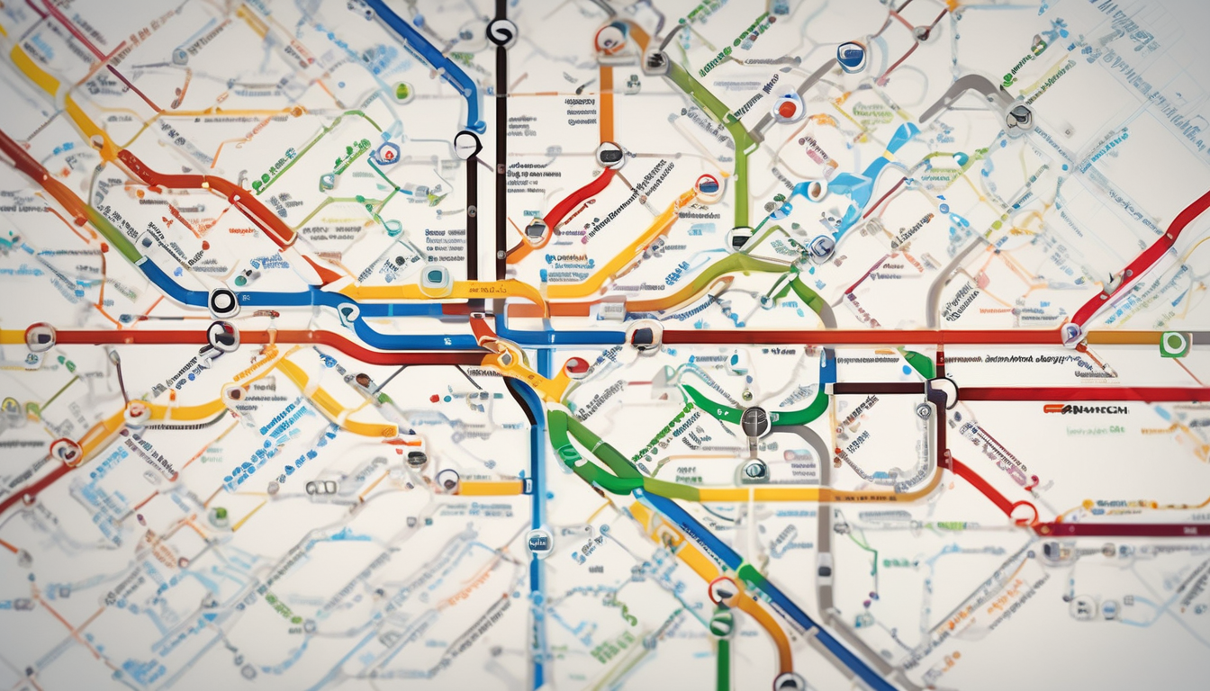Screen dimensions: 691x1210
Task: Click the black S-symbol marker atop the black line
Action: [x=501, y=33]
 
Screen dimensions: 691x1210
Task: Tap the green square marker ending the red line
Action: [x=1173, y=344]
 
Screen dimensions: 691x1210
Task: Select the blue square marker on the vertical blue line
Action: [x=538, y=543]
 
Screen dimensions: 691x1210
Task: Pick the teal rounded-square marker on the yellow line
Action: [x=436, y=281]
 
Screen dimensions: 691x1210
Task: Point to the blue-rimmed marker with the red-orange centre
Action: [x=788, y=107]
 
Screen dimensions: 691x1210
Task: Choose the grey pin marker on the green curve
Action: [x=755, y=419]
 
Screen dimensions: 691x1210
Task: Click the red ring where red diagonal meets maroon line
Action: [x=1023, y=514]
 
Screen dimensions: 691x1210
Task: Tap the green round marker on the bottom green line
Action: [x=721, y=624]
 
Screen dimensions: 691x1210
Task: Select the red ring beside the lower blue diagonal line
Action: [x=722, y=590]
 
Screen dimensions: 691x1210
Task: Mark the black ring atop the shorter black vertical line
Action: [x=467, y=144]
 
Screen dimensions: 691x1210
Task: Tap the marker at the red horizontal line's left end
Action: [x=40, y=337]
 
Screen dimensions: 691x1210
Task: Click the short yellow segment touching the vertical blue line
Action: [x=490, y=488]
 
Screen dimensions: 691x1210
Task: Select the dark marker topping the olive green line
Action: [x=655, y=62]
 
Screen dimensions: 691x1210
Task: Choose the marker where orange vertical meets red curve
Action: [x=610, y=155]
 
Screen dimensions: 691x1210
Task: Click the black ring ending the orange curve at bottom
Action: [x=789, y=682]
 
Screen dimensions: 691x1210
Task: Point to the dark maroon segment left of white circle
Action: [x=879, y=389]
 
